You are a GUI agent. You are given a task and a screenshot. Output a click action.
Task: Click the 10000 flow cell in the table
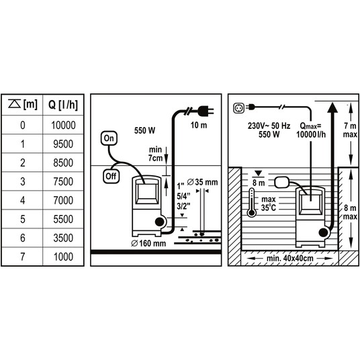click(63, 125)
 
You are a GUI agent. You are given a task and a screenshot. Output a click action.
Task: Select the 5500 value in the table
click(63, 219)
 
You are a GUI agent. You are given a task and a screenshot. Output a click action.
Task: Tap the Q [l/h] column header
click(63, 105)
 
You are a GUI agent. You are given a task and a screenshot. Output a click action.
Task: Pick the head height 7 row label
click(23, 257)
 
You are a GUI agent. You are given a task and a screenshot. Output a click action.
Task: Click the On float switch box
click(109, 138)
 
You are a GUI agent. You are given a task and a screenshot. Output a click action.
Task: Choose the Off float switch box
click(111, 177)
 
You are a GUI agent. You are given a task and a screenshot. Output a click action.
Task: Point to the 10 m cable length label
click(199, 126)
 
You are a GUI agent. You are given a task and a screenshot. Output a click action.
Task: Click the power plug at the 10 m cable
click(206, 111)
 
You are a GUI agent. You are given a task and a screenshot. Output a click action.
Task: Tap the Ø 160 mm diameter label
click(148, 243)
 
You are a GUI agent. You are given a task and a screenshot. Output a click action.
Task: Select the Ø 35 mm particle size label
click(202, 182)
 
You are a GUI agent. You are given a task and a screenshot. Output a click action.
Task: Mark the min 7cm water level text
click(155, 154)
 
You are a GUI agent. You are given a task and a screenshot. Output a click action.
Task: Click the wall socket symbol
click(239, 108)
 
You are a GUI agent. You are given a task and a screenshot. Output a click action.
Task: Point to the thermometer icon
click(252, 203)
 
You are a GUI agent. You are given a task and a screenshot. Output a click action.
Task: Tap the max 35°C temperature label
click(269, 204)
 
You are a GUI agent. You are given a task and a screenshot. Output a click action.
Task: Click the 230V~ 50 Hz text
click(269, 126)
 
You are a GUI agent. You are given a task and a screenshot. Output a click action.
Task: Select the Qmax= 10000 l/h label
click(311, 130)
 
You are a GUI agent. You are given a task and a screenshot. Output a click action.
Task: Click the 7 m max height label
click(350, 130)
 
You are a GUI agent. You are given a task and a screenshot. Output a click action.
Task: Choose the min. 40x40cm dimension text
click(290, 258)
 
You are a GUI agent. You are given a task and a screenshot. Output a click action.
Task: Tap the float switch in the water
click(282, 182)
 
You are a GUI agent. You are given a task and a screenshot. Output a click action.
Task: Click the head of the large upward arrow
click(332, 107)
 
